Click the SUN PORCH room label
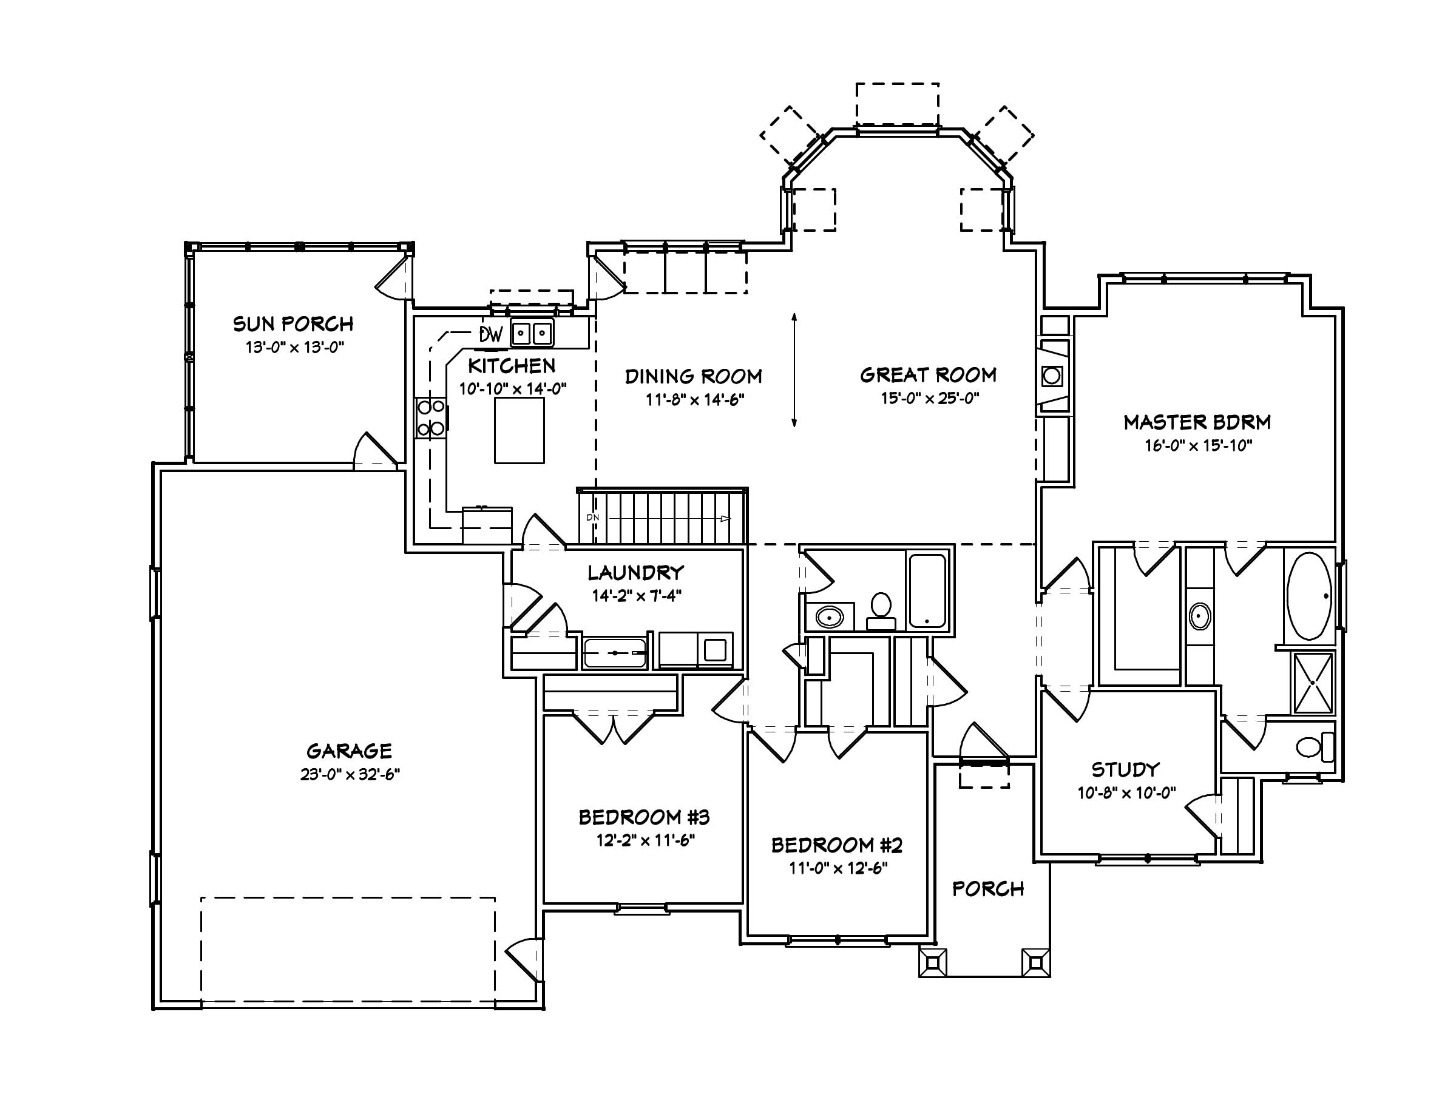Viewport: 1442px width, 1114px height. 293,324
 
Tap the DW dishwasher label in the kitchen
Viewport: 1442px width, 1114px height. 490,334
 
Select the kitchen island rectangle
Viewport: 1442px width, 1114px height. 519,430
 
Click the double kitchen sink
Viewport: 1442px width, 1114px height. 532,333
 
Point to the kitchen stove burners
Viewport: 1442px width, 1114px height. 430,417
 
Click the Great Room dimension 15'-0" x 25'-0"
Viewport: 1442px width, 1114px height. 929,398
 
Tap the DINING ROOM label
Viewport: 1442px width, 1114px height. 693,377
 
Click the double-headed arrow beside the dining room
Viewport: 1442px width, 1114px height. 794,370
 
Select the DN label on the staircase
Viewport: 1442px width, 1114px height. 592,518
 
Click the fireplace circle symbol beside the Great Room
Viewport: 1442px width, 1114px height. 1052,377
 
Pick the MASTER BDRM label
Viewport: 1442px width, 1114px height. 1197,422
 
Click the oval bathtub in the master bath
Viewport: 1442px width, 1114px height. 1309,596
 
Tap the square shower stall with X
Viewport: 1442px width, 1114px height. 1313,683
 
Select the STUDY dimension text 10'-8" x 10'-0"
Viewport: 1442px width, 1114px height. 1126,793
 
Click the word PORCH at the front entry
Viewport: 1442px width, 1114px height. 988,889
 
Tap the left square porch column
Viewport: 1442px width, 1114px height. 933,963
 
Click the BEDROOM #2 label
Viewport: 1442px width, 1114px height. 836,845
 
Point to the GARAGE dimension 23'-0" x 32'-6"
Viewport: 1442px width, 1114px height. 350,774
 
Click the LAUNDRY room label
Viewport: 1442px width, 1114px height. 635,572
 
